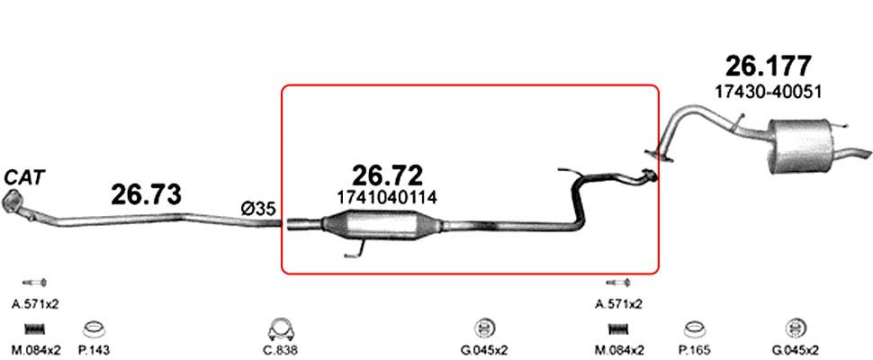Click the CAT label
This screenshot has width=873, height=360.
[24, 178]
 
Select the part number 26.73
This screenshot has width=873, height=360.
[147, 194]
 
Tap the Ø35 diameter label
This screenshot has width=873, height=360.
[257, 209]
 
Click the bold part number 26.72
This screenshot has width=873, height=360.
[388, 175]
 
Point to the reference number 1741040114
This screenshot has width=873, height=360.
[387, 197]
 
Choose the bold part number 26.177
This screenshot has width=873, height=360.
[768, 67]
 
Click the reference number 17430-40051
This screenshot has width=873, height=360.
[768, 93]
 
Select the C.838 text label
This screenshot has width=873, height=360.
[281, 351]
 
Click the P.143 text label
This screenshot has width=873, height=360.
[94, 351]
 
